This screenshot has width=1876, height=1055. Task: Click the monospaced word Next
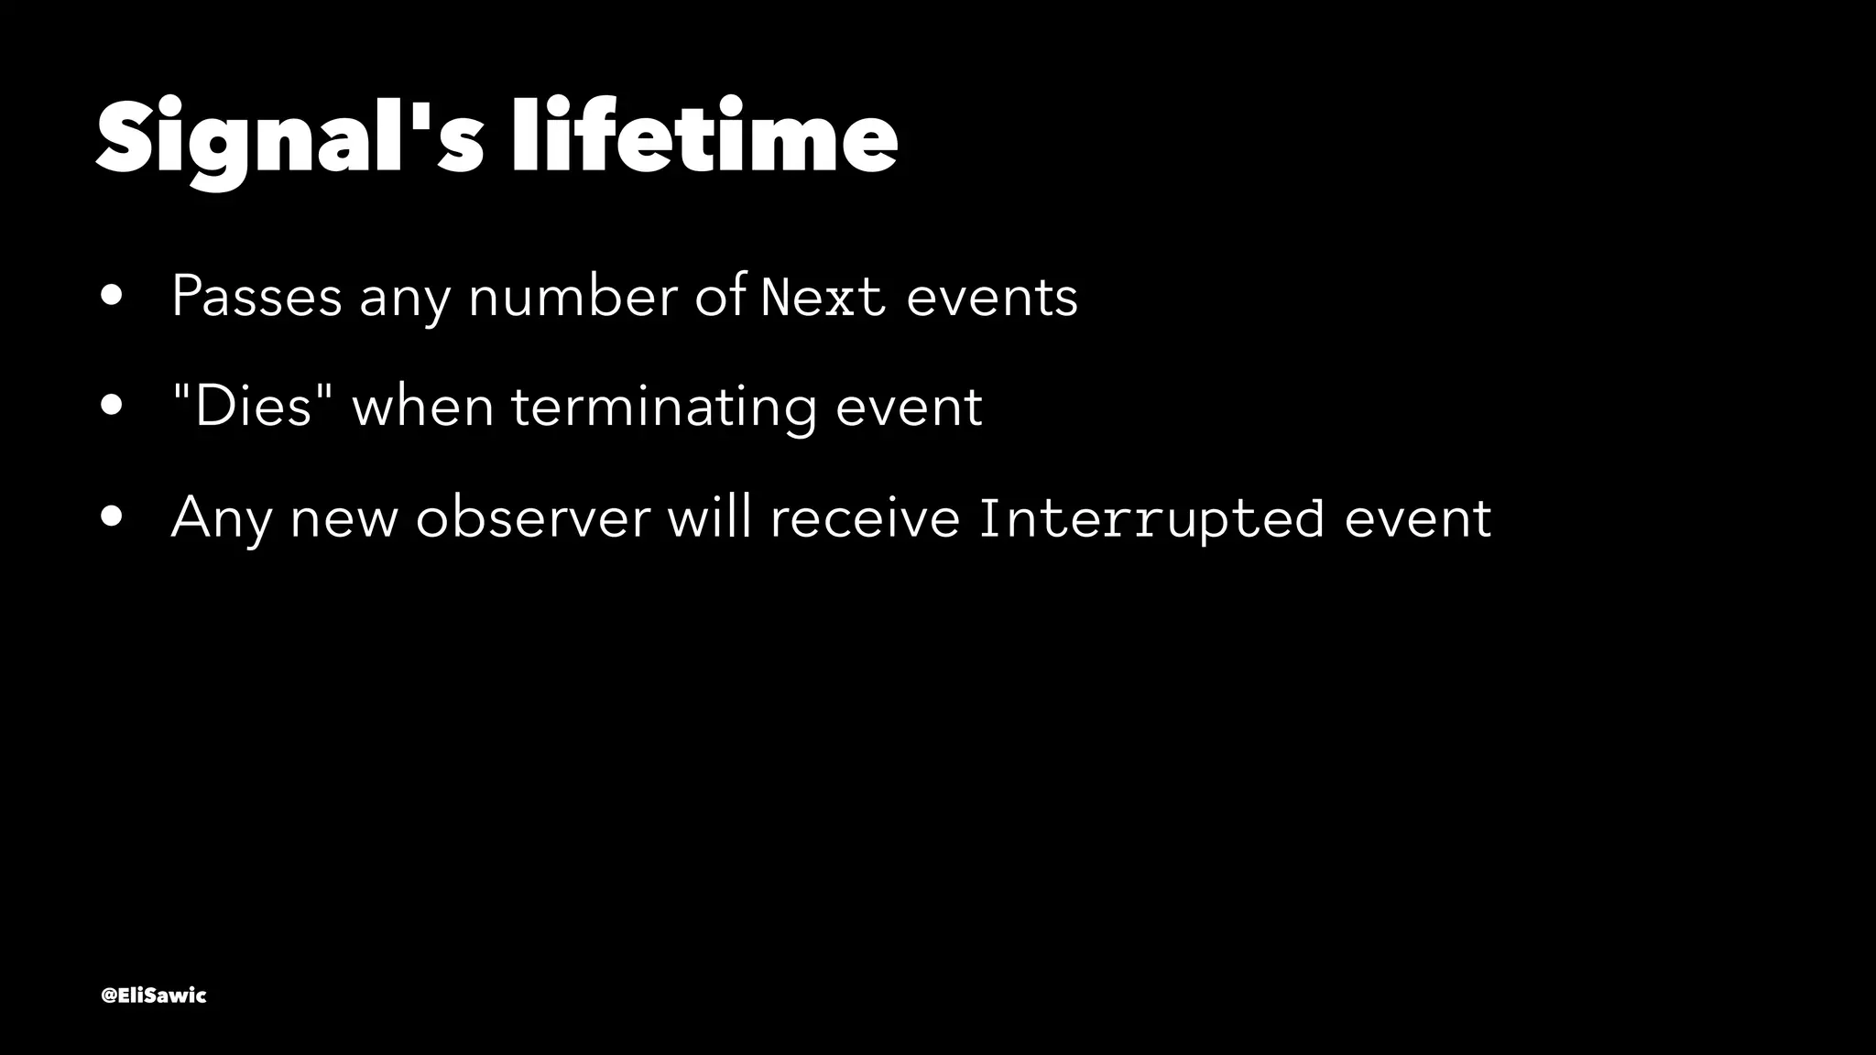point(823,297)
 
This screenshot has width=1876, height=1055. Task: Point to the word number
point(573,297)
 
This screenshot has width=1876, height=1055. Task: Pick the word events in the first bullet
point(992,297)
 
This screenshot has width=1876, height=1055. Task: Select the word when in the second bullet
point(423,407)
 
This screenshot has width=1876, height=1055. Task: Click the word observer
point(532,517)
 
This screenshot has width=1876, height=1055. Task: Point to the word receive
point(865,517)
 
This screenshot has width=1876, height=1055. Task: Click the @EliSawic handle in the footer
point(154,995)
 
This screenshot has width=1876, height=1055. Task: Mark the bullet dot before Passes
point(113,298)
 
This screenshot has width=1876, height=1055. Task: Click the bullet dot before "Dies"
point(113,408)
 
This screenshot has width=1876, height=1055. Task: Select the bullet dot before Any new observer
point(113,518)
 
